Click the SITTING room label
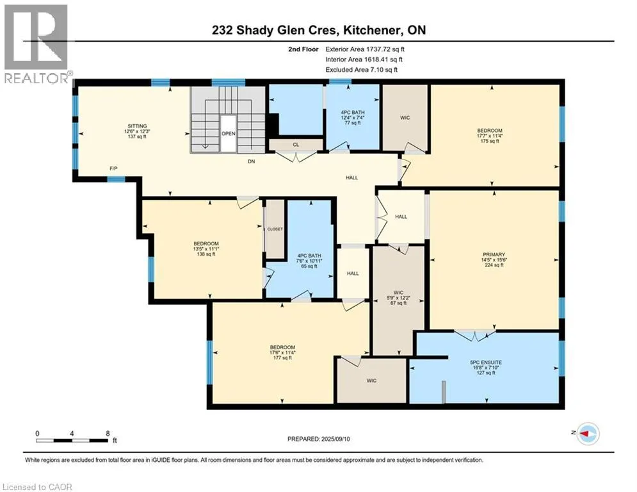[137, 126]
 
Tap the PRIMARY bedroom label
[494, 254]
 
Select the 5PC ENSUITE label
[486, 363]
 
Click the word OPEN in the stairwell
[229, 134]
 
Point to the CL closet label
[296, 145]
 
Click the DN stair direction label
[252, 161]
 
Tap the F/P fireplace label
[114, 168]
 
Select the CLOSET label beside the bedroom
[275, 229]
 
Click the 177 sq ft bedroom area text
[282, 358]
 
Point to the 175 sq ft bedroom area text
[490, 141]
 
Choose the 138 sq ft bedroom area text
[206, 254]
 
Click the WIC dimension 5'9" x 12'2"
[399, 298]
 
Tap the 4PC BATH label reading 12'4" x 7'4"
[353, 117]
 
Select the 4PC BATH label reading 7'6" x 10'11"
[309, 261]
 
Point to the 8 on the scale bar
[108, 434]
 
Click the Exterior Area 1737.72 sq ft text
[365, 49]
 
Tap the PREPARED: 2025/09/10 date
[319, 439]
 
